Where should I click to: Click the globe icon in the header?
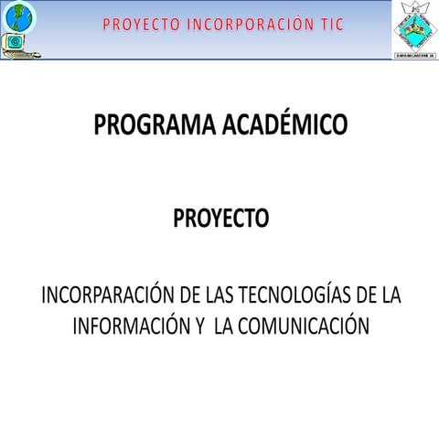[19, 15]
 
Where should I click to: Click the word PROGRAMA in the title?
[155, 125]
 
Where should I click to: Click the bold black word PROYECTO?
[220, 219]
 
